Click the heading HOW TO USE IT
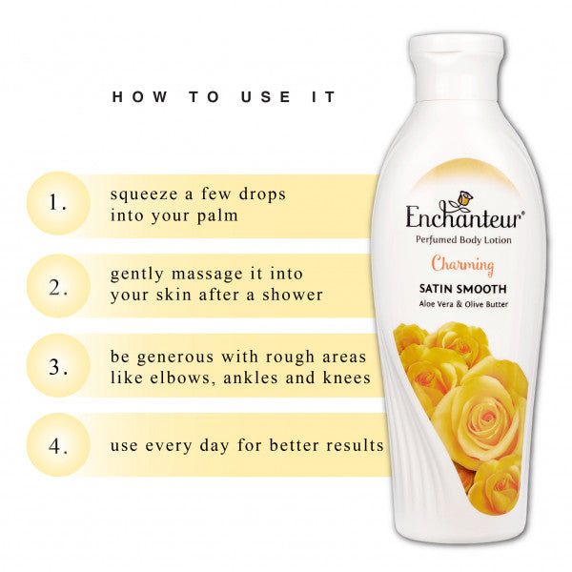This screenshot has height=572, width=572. click(224, 97)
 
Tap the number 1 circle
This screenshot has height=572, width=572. click(59, 203)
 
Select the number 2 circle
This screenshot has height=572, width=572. click(59, 284)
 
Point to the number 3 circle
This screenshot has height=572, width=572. click(59, 365)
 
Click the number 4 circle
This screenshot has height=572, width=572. click(59, 445)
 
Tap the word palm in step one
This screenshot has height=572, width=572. click(216, 216)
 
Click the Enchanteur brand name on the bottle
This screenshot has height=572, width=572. click(463, 216)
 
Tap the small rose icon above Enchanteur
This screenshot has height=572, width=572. click(462, 198)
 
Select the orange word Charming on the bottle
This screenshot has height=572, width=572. click(462, 265)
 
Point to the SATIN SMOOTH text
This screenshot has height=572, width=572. click(462, 288)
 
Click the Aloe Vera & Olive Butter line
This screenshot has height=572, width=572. click(462, 303)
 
